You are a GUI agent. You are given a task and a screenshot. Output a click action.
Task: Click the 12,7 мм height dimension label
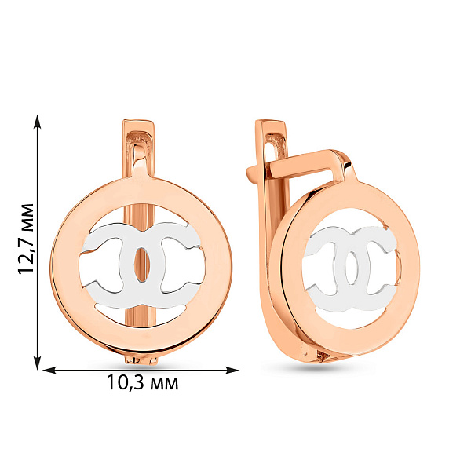pos(26,239)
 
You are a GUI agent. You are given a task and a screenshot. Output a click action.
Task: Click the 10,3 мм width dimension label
pos(143,382)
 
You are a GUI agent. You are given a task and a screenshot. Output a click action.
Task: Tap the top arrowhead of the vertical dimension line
pos(37,122)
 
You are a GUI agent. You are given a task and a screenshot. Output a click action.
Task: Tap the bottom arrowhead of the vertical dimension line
pos(37,362)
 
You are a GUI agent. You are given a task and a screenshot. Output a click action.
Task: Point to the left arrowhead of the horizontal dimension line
pos(49,371)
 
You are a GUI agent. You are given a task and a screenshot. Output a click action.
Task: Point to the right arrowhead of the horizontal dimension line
pos(232,371)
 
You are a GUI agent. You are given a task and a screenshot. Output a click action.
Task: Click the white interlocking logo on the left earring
pos(142,265)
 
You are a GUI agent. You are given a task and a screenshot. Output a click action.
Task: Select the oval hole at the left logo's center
pos(141,265)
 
